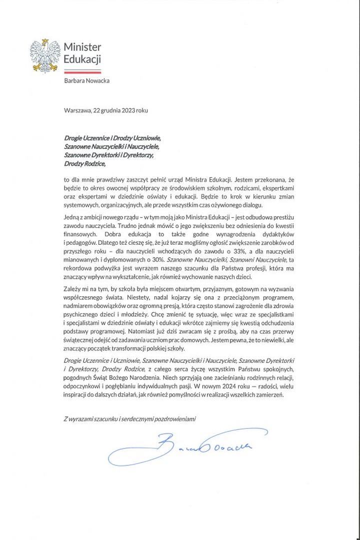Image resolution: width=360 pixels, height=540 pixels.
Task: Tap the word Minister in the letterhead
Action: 82,47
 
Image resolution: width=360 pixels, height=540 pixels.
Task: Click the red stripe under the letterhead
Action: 82,72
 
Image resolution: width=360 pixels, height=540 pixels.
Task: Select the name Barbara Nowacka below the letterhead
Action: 86,81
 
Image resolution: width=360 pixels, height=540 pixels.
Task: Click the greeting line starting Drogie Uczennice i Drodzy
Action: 112,138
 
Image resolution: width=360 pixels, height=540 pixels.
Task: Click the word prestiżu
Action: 281,216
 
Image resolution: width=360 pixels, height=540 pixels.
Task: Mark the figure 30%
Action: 157,260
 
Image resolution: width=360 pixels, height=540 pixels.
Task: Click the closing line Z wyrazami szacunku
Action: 130,418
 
